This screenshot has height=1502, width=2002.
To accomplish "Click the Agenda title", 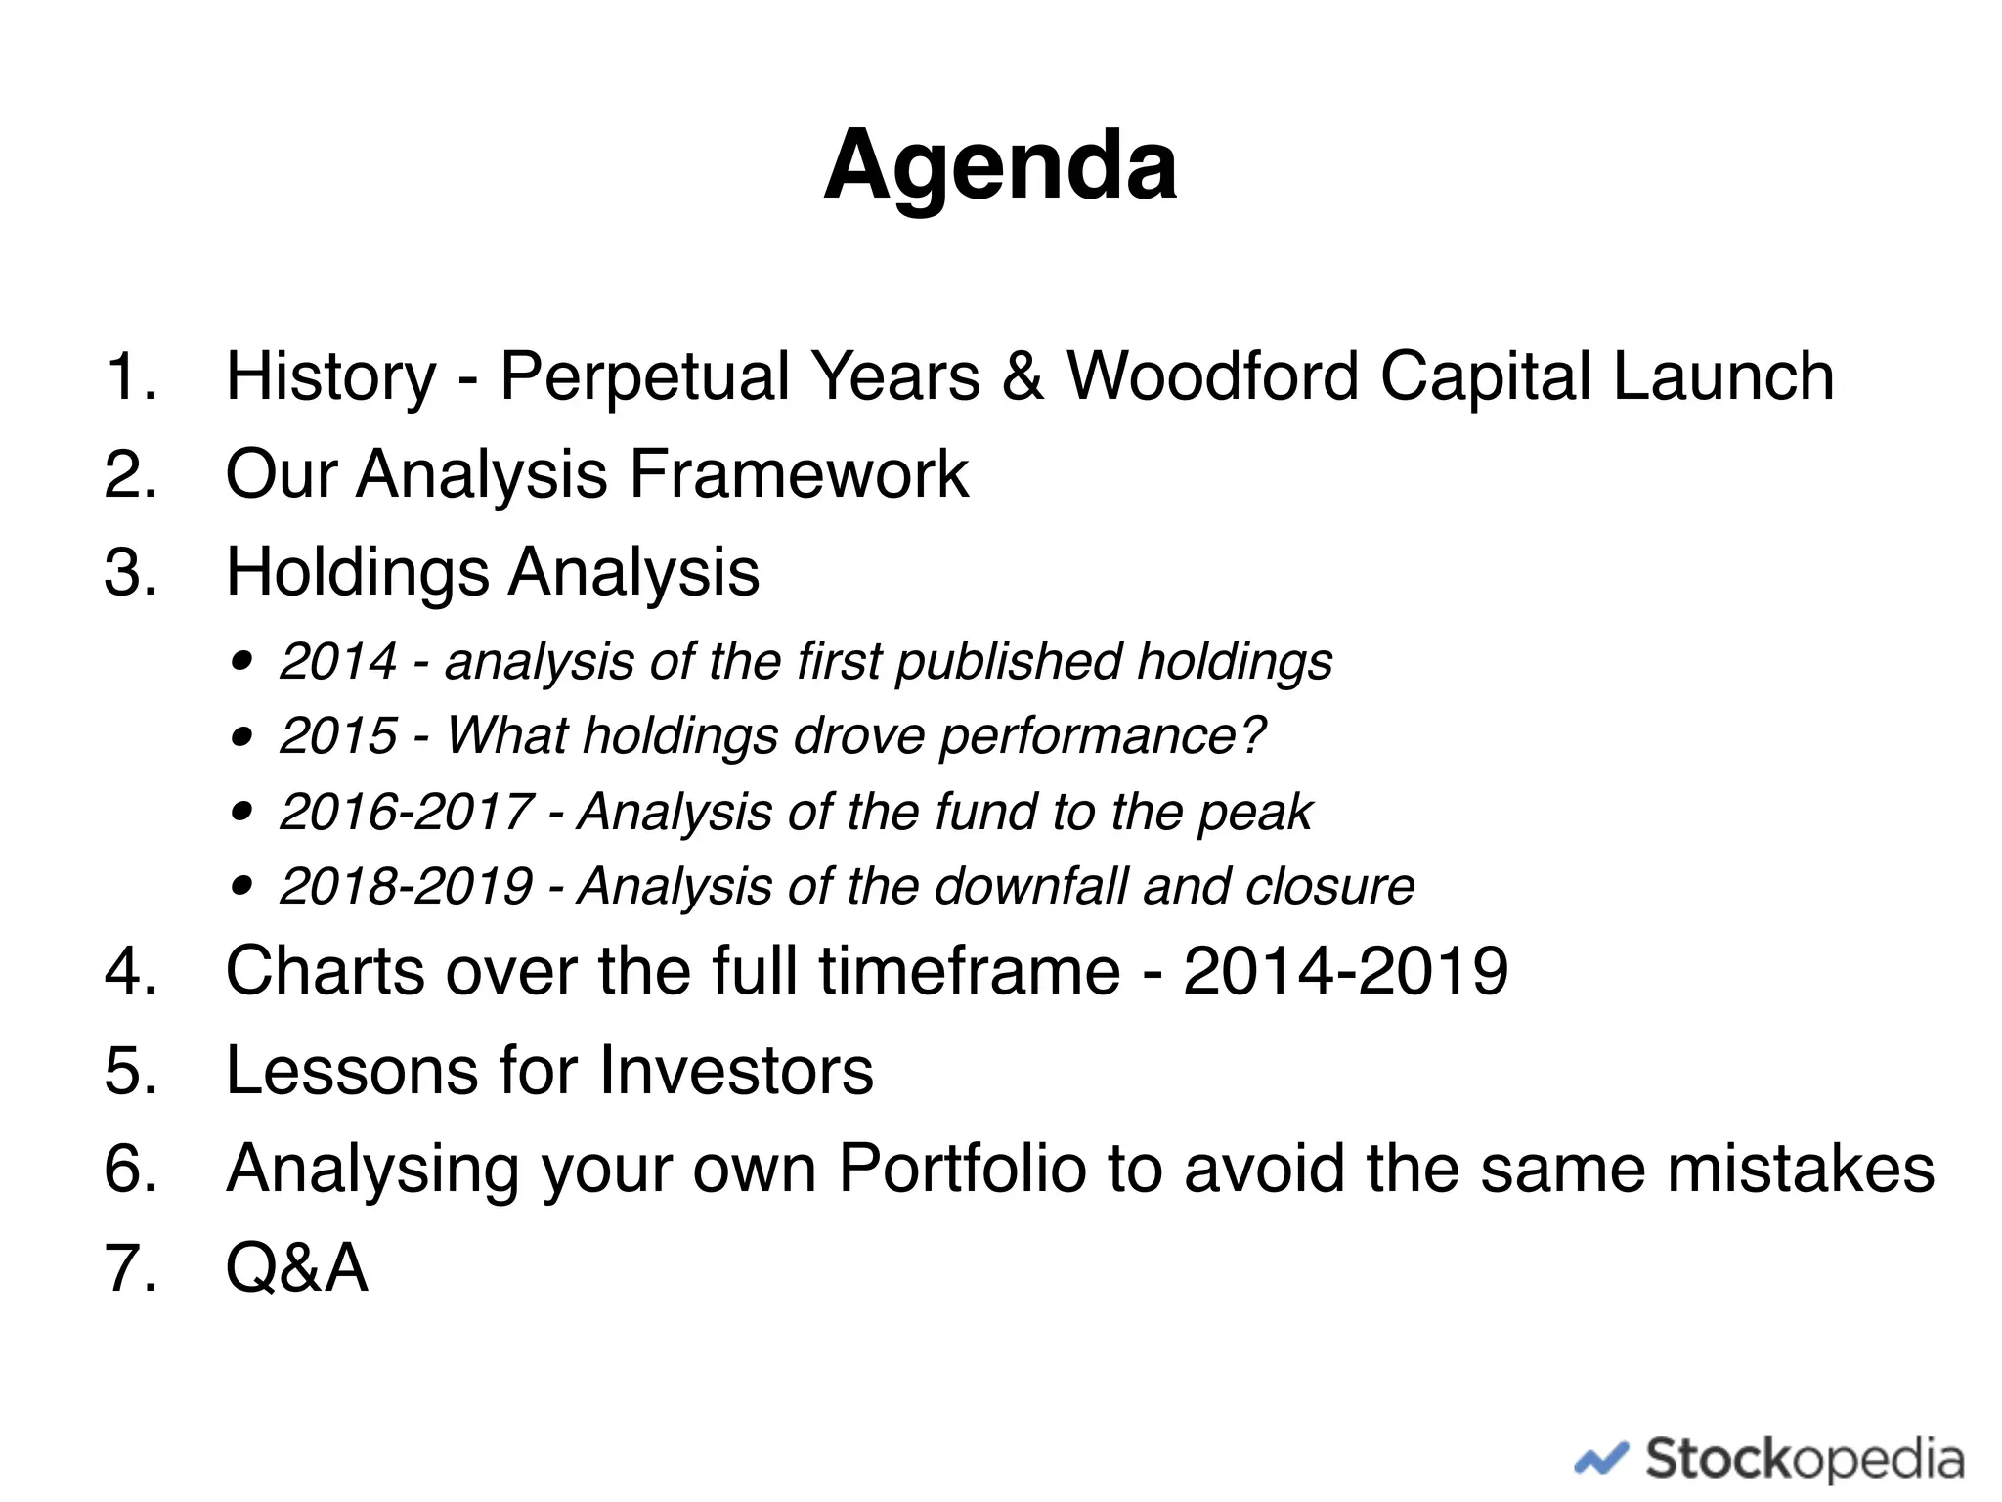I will pos(1000,166).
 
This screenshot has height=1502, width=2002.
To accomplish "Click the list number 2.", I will pos(130,475).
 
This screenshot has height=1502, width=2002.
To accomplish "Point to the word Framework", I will pos(798,475).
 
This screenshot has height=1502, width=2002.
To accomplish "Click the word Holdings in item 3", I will pos(357,573).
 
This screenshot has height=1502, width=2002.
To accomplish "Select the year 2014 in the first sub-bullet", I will pos(337,662).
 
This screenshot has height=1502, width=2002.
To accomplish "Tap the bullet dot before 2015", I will pos(242,736).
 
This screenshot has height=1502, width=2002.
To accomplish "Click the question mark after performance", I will pos(1253,735).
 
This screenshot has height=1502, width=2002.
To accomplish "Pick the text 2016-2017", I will pos(406,812).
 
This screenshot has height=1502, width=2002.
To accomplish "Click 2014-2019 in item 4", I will pos(1345,972).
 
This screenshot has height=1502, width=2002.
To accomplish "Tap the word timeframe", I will pos(969,972).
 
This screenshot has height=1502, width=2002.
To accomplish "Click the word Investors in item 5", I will pos(736,1071).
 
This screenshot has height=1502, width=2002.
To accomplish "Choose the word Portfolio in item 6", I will pos(962,1170).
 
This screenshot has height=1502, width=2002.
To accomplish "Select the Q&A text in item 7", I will pos(296,1268).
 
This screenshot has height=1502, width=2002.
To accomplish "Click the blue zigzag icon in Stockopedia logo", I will pos(1600,1460).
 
